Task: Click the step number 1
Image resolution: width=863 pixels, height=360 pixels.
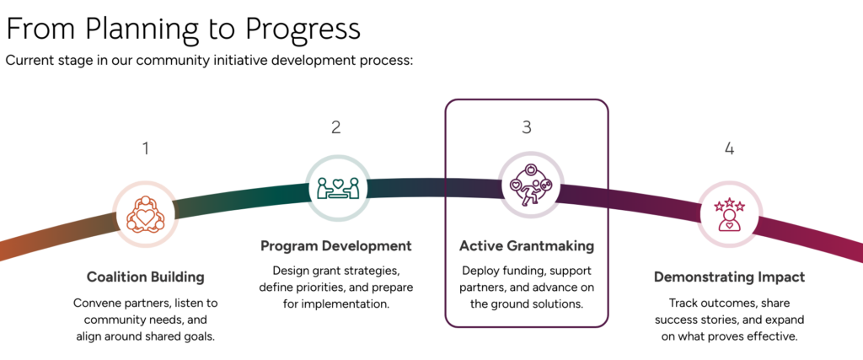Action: tap(146, 149)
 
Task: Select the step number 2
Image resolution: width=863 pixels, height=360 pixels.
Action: tap(336, 127)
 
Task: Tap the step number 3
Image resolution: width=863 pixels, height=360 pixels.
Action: tap(527, 127)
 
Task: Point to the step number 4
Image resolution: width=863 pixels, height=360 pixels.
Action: tap(730, 149)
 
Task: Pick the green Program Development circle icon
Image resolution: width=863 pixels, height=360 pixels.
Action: tap(337, 186)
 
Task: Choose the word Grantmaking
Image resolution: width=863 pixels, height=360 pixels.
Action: tap(549, 246)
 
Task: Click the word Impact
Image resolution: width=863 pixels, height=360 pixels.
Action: tap(780, 277)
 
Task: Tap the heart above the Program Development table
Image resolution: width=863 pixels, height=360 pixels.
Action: tap(337, 180)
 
